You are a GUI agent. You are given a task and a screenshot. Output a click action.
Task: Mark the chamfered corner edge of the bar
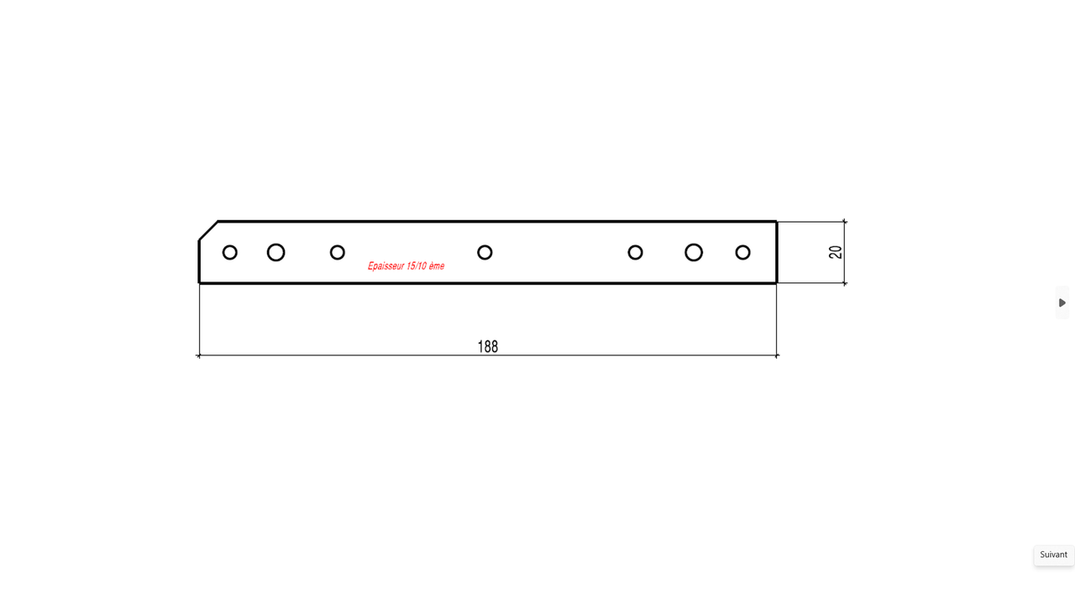coord(208,230)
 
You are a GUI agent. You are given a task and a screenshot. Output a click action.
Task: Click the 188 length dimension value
coord(488,347)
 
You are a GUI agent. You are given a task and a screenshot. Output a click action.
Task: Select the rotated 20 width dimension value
coord(836,252)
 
